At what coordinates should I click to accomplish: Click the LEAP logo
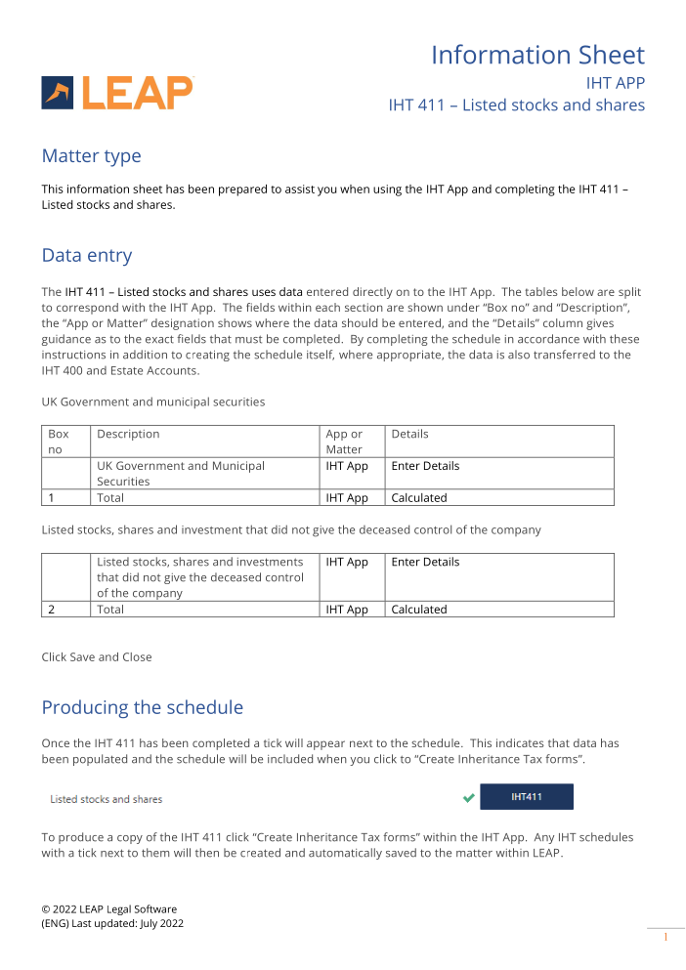(x=117, y=93)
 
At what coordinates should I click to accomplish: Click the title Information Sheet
(x=537, y=55)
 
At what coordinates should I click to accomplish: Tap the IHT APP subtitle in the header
(x=615, y=83)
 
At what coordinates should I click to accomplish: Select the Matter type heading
(x=91, y=156)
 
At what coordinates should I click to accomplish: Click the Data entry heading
(x=86, y=256)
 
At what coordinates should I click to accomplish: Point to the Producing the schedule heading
(x=142, y=707)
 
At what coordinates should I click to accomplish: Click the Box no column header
(x=59, y=442)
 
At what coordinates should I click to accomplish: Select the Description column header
(x=128, y=434)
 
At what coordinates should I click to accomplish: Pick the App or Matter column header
(x=344, y=442)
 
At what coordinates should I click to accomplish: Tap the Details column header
(x=409, y=434)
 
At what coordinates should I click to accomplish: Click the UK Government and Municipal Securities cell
(x=181, y=474)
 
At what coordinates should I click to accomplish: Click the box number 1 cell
(x=51, y=498)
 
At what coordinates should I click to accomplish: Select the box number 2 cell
(x=51, y=610)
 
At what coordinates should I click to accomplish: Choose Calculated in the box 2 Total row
(x=418, y=610)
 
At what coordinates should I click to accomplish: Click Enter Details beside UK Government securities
(x=425, y=466)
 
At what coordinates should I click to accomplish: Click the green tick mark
(x=469, y=798)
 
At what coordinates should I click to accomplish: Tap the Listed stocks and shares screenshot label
(x=107, y=799)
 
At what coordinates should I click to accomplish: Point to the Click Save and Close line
(x=97, y=657)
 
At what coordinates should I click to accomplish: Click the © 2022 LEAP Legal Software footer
(x=109, y=908)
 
